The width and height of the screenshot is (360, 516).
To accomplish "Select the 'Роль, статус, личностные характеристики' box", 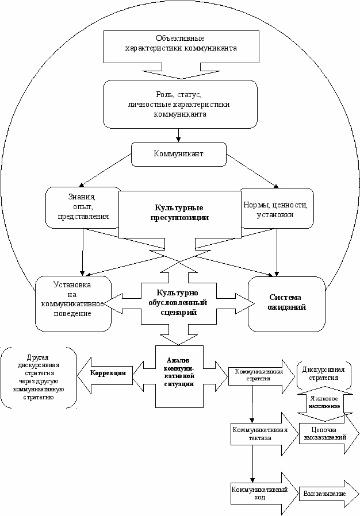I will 179,103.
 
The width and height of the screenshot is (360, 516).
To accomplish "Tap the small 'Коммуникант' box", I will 178,154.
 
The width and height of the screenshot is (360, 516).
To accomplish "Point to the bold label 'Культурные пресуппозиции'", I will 179,213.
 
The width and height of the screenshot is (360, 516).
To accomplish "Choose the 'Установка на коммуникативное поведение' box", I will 73,303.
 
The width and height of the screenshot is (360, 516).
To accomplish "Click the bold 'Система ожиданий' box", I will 287,303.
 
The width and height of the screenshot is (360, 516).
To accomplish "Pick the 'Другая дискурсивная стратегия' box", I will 39,377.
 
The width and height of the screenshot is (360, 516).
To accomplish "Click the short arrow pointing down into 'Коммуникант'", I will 179,135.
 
